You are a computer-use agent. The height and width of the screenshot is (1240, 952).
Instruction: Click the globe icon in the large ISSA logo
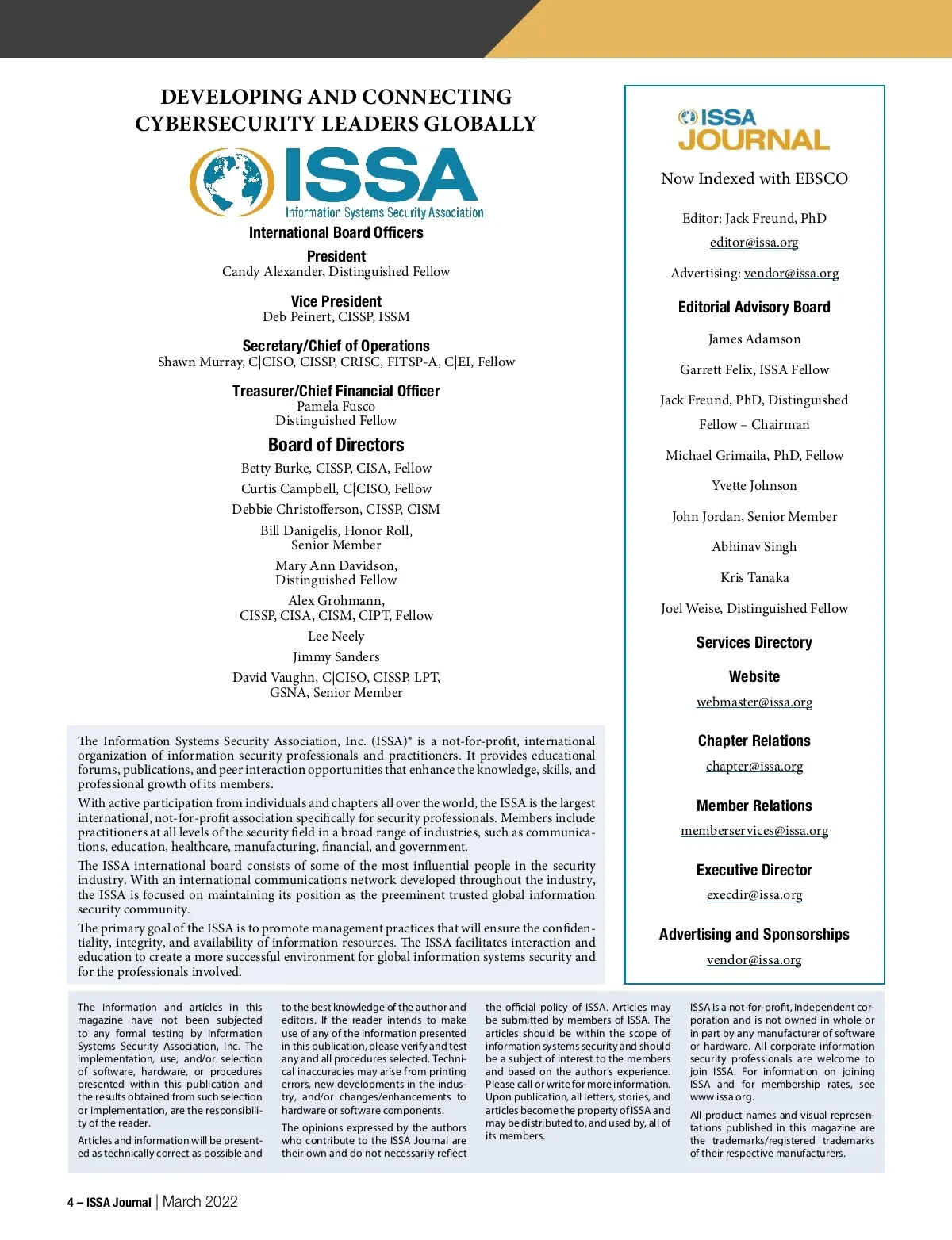[228, 182]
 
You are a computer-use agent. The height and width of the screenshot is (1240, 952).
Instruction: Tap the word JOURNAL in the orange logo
[754, 140]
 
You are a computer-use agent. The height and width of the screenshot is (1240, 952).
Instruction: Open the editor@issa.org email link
[754, 243]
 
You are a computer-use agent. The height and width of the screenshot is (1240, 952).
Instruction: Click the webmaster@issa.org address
[754, 702]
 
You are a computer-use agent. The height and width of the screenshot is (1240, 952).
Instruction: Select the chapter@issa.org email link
[754, 767]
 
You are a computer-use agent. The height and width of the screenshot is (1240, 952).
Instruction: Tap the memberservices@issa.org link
[754, 831]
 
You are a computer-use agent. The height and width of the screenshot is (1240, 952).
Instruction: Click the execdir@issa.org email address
[754, 895]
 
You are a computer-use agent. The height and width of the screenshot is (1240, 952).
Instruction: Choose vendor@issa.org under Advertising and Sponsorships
[754, 960]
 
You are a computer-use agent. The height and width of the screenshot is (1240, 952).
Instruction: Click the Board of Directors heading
[336, 445]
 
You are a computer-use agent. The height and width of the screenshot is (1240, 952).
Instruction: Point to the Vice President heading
[336, 302]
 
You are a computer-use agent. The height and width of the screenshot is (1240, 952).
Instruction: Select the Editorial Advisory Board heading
[754, 308]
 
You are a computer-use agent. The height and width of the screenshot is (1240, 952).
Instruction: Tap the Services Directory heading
[754, 643]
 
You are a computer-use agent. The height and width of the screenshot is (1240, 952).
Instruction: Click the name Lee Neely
[336, 637]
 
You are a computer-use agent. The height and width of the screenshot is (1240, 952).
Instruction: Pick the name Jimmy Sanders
[336, 657]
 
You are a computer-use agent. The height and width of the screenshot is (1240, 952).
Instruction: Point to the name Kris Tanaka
[754, 578]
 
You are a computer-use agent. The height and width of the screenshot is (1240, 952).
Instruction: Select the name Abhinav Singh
[754, 547]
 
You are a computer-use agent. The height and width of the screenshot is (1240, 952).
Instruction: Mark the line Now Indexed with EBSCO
[754, 179]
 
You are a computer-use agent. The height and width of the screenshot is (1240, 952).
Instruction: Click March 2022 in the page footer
[200, 1202]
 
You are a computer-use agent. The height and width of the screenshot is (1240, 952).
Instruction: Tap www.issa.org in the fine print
[721, 1097]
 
